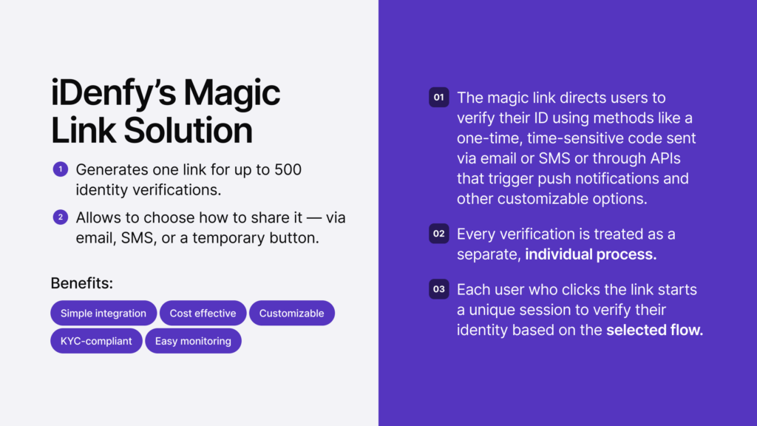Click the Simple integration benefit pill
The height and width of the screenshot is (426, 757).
tap(103, 313)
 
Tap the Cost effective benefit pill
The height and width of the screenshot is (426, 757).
tap(203, 313)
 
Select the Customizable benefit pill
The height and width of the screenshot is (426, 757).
tap(291, 313)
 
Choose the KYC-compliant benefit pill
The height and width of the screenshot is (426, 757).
tap(96, 341)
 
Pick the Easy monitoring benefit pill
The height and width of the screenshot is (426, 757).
tap(193, 341)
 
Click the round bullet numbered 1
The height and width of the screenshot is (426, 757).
tap(60, 170)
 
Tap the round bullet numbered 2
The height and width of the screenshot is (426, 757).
tap(60, 217)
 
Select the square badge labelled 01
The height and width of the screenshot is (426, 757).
tap(438, 98)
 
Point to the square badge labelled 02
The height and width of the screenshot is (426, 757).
tap(438, 234)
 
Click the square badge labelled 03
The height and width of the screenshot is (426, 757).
tap(438, 289)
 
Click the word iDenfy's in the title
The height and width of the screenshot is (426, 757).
tap(112, 94)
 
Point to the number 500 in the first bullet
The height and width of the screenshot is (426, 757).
tap(288, 170)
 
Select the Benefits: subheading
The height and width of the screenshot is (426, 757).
tap(81, 283)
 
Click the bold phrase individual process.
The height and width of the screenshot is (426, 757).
tap(590, 254)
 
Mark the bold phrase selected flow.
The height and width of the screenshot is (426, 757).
tap(654, 330)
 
